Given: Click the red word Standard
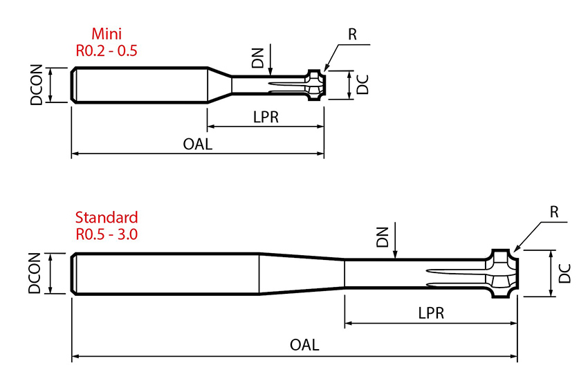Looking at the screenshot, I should click(x=107, y=217).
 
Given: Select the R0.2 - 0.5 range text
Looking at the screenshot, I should click(x=107, y=50).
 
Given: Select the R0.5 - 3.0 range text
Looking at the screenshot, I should click(x=107, y=234).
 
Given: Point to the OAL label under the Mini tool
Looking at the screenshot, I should click(x=198, y=144).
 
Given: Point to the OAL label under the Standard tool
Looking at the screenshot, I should click(x=304, y=344).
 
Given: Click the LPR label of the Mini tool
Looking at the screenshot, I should click(x=266, y=117).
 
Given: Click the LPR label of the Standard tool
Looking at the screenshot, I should click(x=430, y=312).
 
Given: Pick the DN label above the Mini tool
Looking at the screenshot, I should click(x=258, y=58).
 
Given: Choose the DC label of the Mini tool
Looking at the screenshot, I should click(x=362, y=84).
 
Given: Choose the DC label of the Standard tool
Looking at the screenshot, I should click(x=564, y=274).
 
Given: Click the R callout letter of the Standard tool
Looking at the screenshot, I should click(x=554, y=212).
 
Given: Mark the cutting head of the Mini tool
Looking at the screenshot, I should click(x=315, y=85).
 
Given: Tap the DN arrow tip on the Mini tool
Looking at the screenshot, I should click(x=270, y=73).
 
